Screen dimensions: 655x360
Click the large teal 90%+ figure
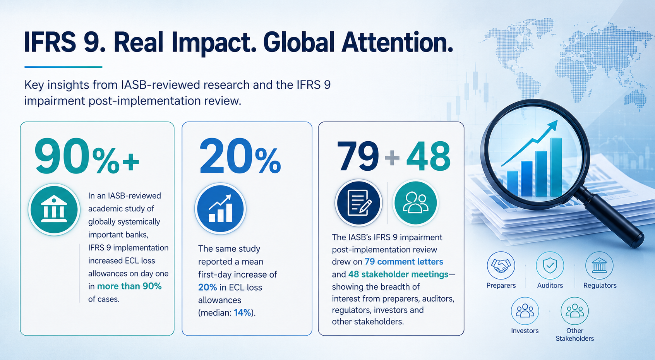(x=87, y=157)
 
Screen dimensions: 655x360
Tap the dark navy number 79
(x=358, y=156)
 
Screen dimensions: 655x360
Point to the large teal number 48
(x=429, y=156)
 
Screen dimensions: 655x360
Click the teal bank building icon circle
(x=54, y=209)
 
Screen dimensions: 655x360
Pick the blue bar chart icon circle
(x=220, y=209)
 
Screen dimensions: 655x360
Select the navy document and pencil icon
(x=359, y=202)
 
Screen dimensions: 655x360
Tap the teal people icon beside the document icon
(x=415, y=202)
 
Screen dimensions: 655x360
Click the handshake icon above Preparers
(x=501, y=266)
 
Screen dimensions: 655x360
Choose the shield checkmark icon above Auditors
(x=550, y=266)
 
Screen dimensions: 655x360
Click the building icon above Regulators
(x=599, y=266)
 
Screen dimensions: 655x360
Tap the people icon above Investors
(x=525, y=311)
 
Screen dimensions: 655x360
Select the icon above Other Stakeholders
(x=574, y=311)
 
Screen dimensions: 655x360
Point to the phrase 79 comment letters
(x=404, y=262)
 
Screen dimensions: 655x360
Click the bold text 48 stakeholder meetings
(x=398, y=274)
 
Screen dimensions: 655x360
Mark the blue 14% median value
(x=242, y=313)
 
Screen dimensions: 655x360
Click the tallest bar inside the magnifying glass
(x=556, y=167)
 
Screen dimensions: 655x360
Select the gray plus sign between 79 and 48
(x=393, y=158)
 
